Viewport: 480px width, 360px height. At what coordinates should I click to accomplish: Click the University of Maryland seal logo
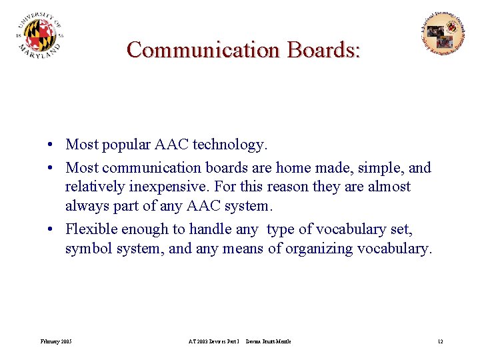click(x=40, y=37)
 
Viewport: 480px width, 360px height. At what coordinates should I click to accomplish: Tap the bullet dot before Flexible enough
click(x=51, y=230)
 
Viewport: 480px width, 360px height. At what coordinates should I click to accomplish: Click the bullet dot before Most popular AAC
click(x=51, y=145)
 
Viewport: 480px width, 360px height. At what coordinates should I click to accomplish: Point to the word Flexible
click(x=91, y=230)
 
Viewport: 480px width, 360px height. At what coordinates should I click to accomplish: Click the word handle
click(x=209, y=230)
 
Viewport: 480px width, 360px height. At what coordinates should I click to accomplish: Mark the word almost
click(x=389, y=187)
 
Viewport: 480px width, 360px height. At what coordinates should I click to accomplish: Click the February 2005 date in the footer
click(x=56, y=341)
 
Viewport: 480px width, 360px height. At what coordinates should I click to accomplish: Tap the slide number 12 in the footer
click(x=440, y=341)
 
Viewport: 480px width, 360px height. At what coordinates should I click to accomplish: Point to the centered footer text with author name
click(x=239, y=341)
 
